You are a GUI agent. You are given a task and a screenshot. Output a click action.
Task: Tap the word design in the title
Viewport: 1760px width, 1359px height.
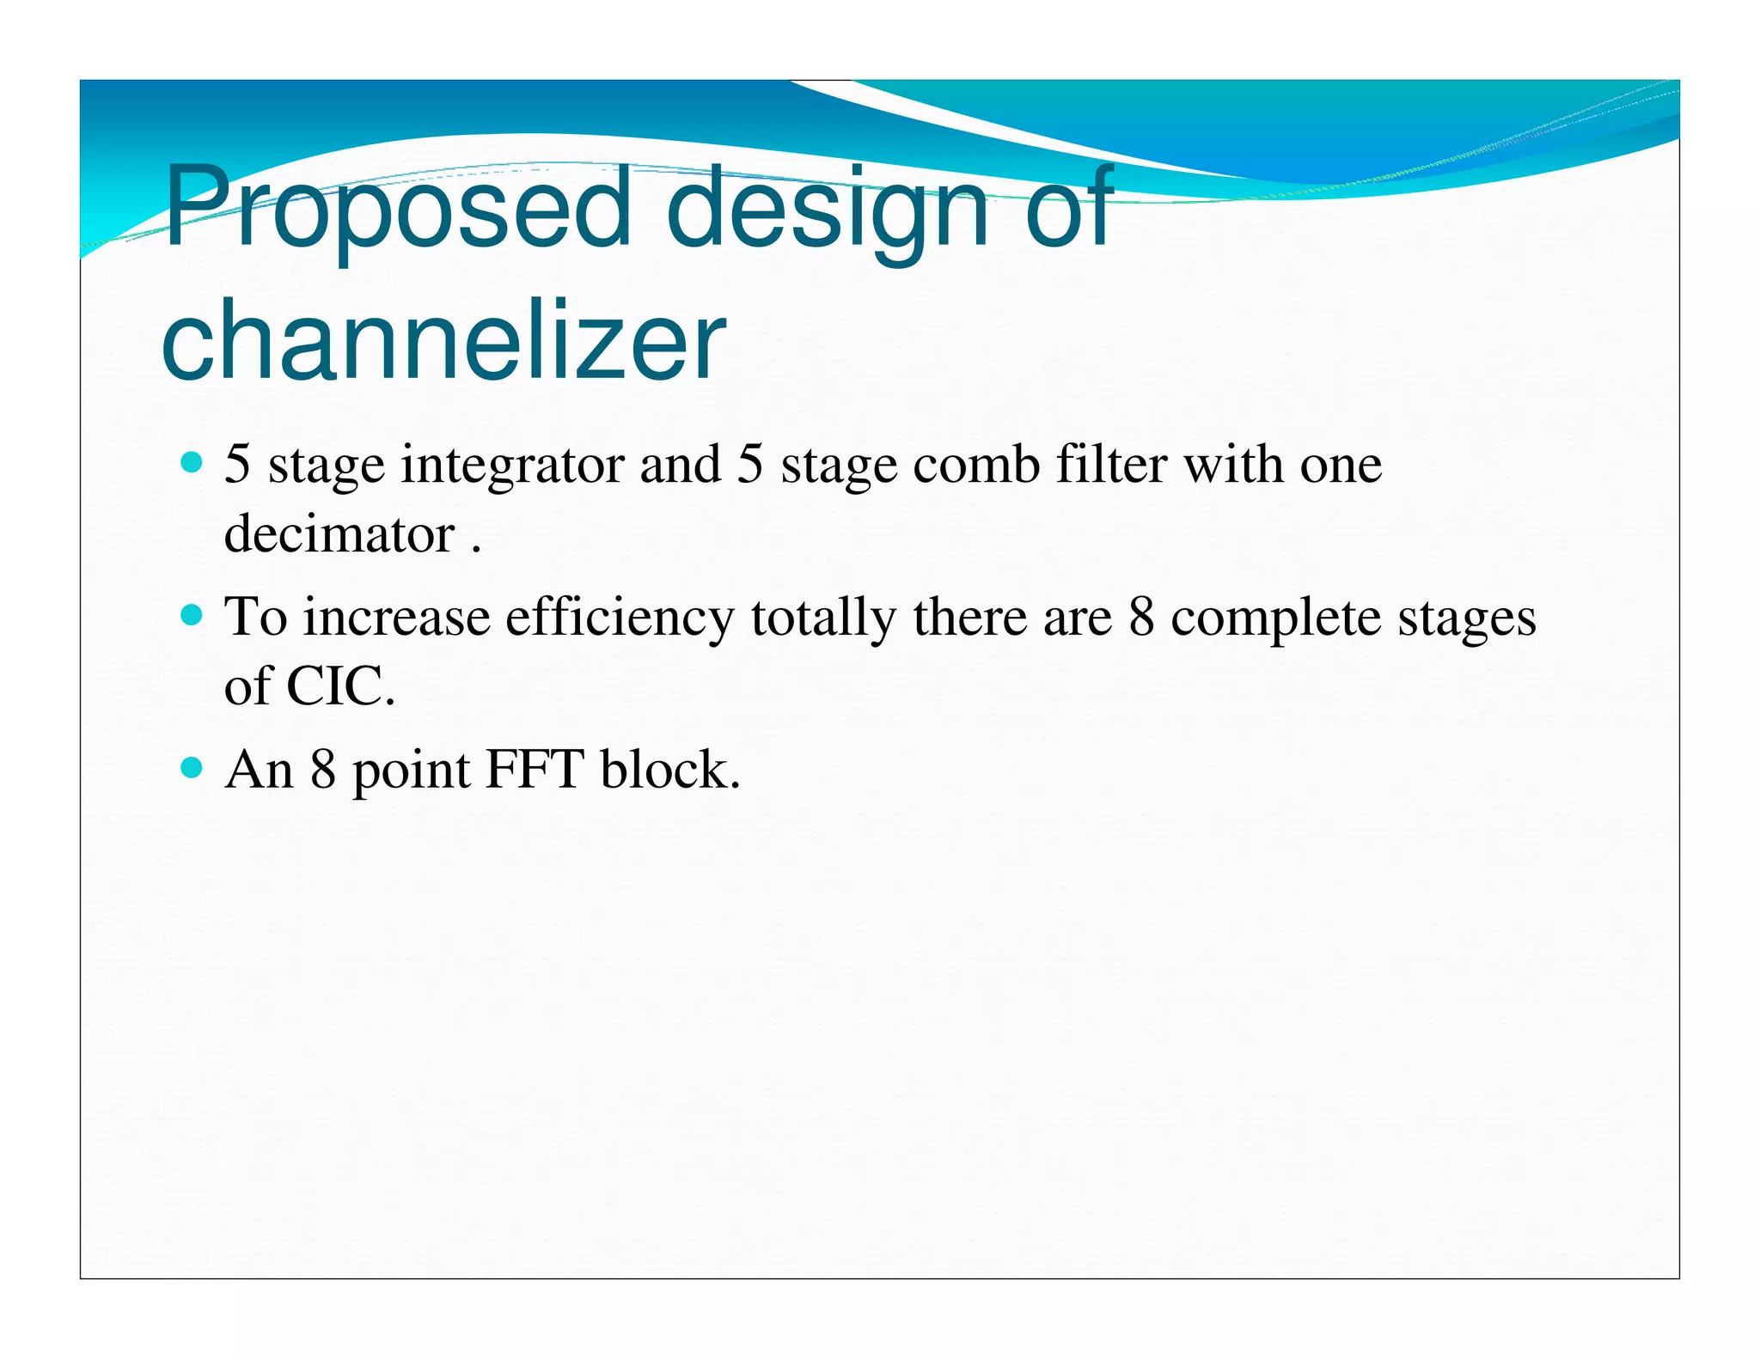pyautogui.click(x=826, y=209)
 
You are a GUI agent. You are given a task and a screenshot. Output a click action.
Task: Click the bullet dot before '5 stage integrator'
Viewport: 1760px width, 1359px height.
pyautogui.click(x=192, y=464)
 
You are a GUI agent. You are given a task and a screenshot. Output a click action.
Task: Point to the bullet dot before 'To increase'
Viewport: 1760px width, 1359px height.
pyautogui.click(x=192, y=615)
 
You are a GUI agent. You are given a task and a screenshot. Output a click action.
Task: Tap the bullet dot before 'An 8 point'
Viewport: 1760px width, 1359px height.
pyautogui.click(x=192, y=767)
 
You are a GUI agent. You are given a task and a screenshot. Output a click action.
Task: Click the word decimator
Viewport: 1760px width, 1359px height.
pyautogui.click(x=339, y=534)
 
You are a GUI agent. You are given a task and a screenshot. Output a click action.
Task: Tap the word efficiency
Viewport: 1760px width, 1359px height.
pyautogui.click(x=620, y=618)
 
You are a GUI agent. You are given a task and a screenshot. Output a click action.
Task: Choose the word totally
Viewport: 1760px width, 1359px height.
pyautogui.click(x=823, y=618)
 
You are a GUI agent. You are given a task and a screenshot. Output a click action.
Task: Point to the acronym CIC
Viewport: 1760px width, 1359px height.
pyautogui.click(x=339, y=686)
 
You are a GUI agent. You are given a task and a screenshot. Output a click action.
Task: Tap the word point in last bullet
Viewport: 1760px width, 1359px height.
pyautogui.click(x=411, y=771)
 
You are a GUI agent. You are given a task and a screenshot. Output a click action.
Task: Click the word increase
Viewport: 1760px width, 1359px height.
pyautogui.click(x=396, y=618)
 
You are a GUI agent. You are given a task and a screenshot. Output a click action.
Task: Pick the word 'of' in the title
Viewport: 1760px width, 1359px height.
pyautogui.click(x=1068, y=209)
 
